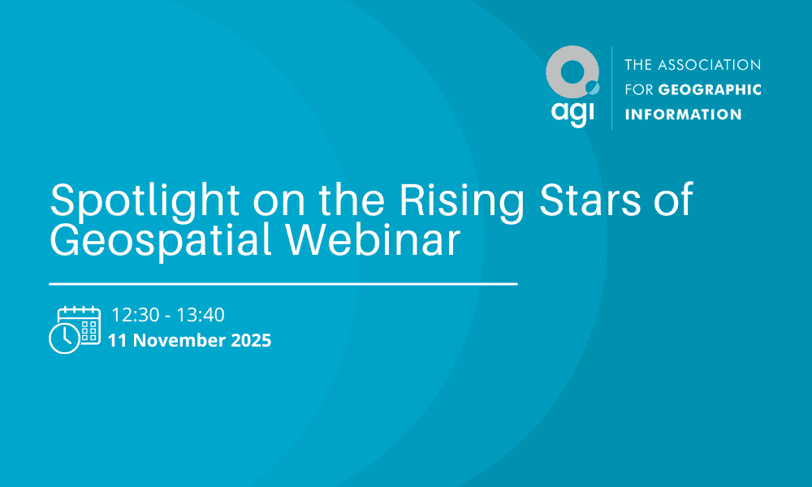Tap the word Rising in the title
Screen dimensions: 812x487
pos(462,200)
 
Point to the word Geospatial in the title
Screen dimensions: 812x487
pos(161,240)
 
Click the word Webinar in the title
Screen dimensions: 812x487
pos(373,239)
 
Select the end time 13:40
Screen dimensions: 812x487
pos(201,315)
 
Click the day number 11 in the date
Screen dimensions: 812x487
pos(118,340)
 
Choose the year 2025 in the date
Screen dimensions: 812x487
pos(251,340)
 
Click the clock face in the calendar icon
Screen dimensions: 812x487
pos(65,338)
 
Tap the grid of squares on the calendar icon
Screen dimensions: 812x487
pos(89,330)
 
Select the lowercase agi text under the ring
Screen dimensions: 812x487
pos(572,112)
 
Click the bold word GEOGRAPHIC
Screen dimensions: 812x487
pos(710,89)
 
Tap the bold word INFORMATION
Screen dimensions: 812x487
pos(683,114)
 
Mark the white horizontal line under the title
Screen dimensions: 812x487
pos(283,283)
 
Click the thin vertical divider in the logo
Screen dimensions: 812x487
pos(611,88)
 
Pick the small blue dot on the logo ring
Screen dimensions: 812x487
pos(593,88)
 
